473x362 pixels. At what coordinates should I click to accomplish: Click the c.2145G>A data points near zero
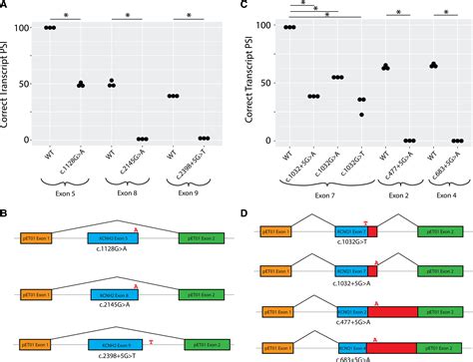[x=143, y=140]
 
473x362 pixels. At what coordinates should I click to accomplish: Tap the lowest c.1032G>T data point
[x=361, y=115]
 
